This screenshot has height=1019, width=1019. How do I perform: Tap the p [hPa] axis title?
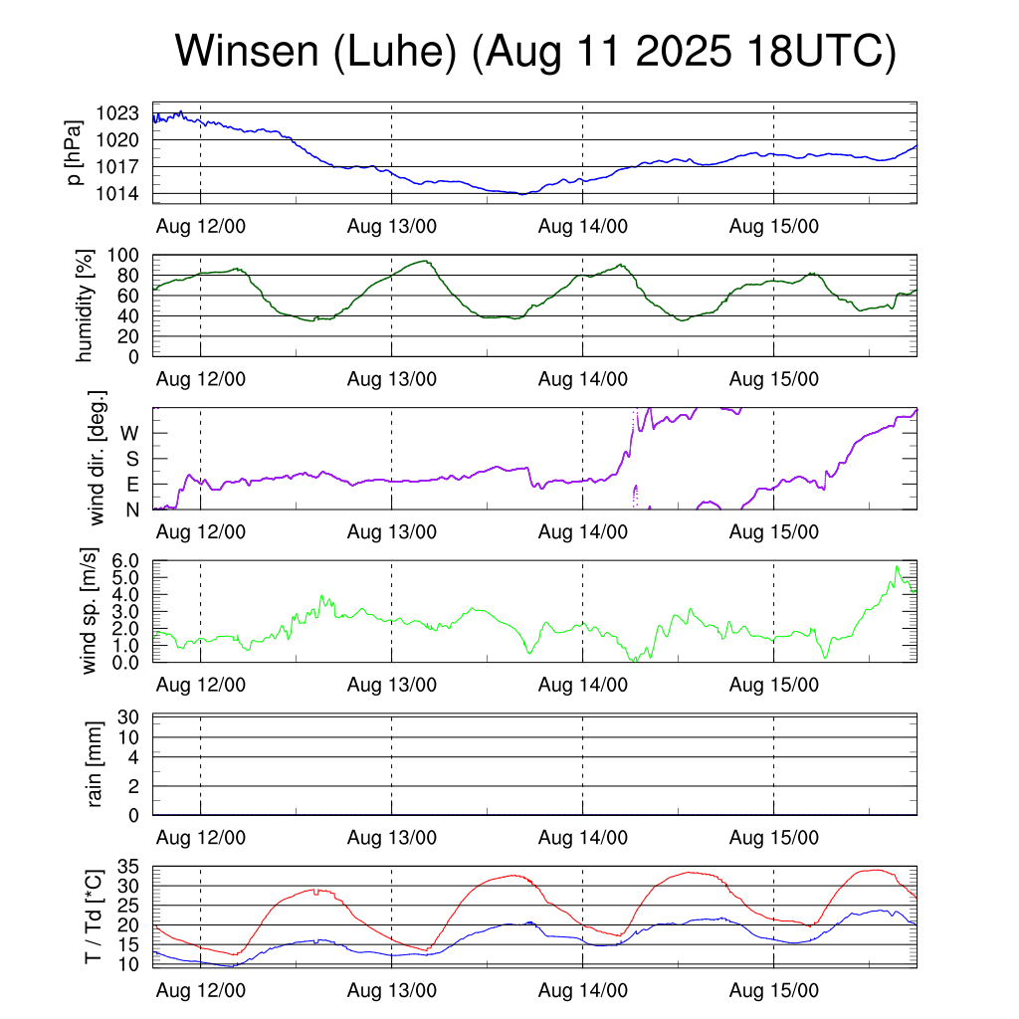(x=75, y=153)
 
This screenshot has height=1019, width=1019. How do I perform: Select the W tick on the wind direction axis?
(x=130, y=433)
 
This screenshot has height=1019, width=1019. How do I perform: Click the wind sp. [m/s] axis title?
(x=88, y=611)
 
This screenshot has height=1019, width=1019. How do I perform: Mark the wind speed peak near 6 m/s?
(x=897, y=567)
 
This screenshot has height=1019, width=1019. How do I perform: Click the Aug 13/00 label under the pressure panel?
(x=392, y=226)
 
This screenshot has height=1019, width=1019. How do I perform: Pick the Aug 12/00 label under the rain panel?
(x=201, y=837)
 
